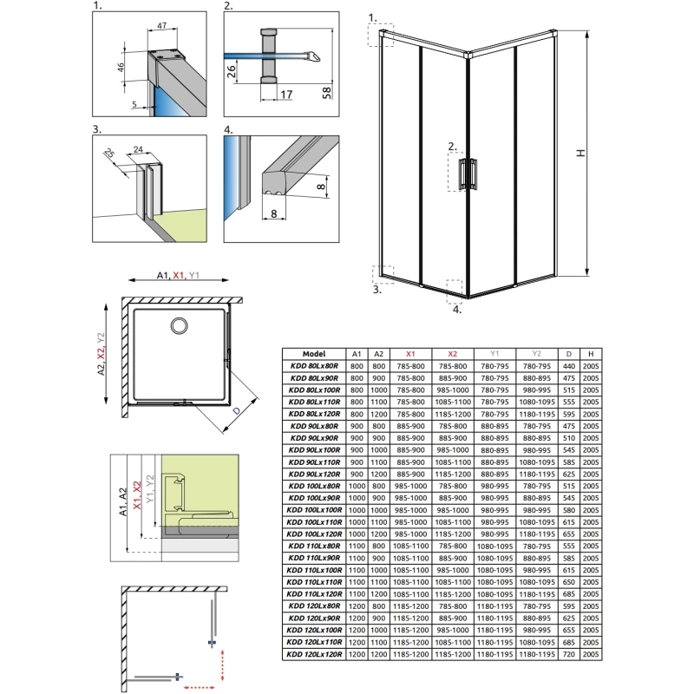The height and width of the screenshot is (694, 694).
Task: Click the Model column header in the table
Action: click(x=313, y=354)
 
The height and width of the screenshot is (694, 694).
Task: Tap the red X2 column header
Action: click(x=452, y=354)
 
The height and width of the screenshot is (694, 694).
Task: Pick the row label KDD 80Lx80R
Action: click(x=313, y=367)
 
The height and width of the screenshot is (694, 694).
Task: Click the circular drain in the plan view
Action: click(x=180, y=325)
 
